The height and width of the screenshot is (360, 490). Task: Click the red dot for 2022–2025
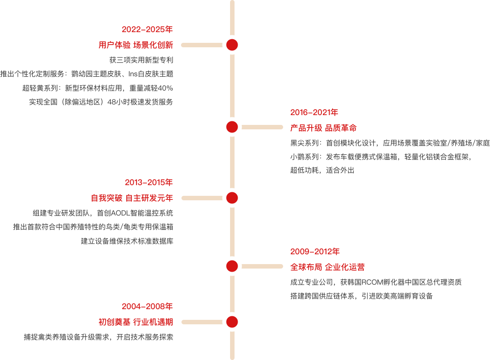232,45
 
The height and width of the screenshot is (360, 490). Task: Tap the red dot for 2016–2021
232,127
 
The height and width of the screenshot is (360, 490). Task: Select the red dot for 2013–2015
232,198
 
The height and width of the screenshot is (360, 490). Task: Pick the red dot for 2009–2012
232,266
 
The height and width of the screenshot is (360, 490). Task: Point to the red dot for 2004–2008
232,322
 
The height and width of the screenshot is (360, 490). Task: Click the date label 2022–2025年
147,29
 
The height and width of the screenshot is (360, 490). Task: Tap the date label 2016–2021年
314,112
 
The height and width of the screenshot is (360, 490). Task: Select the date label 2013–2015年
149,182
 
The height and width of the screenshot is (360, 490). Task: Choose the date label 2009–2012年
315,252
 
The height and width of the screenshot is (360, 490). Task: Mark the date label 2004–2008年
147,306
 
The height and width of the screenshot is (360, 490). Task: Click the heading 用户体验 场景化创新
136,45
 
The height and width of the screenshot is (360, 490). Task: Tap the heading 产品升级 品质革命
323,128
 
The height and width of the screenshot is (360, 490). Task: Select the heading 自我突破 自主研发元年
132,198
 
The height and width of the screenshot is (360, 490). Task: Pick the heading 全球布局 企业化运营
328,267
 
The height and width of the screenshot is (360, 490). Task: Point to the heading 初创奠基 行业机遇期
136,322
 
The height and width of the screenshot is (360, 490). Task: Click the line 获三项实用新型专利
141,60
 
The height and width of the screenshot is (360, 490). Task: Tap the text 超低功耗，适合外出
322,170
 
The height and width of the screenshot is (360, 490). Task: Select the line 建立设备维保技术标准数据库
127,241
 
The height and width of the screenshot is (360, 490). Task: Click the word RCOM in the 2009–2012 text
372,282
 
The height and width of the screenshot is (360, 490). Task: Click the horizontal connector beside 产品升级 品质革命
262,127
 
